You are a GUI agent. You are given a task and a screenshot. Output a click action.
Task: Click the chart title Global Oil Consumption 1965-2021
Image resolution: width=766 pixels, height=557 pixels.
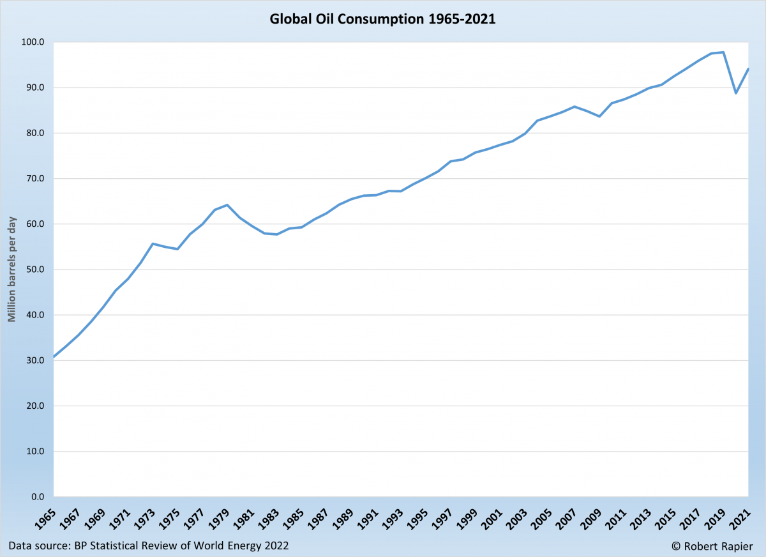point(382,19)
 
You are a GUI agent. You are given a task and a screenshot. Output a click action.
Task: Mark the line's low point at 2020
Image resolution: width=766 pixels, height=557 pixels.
point(736,93)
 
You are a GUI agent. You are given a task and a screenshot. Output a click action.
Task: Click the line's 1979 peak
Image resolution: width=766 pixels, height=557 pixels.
point(227,205)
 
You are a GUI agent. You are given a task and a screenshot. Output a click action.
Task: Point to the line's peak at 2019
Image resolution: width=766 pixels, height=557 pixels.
point(723,52)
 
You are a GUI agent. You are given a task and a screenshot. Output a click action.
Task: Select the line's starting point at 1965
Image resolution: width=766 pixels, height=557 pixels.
point(54,356)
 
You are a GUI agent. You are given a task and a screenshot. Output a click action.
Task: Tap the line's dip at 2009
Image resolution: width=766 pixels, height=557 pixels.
point(599,116)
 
